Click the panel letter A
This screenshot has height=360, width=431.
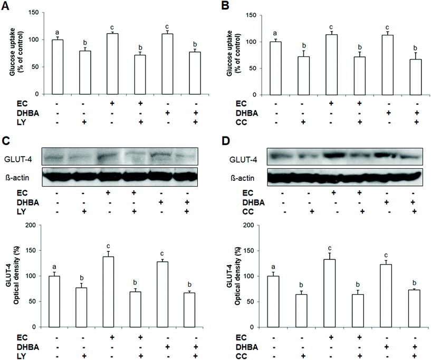(x=6, y=6)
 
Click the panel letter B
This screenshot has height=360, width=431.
(x=222, y=6)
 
